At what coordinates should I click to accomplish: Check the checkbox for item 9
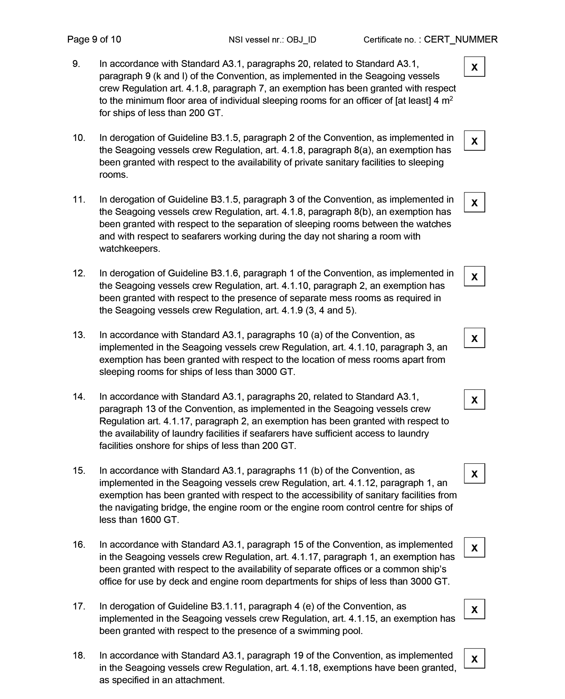(474, 67)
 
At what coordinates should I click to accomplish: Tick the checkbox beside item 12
(474, 276)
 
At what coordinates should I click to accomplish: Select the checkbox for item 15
(474, 474)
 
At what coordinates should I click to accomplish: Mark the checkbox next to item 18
(474, 659)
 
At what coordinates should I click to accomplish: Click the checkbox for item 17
(474, 609)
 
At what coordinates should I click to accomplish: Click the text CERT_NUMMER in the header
(460, 39)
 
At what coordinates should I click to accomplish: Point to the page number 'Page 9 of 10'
(94, 39)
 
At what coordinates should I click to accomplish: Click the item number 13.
(79, 335)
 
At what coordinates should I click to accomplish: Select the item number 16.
(79, 544)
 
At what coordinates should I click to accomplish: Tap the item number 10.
(79, 138)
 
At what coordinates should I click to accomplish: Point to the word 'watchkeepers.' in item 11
(129, 249)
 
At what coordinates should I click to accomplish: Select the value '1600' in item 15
(151, 520)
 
